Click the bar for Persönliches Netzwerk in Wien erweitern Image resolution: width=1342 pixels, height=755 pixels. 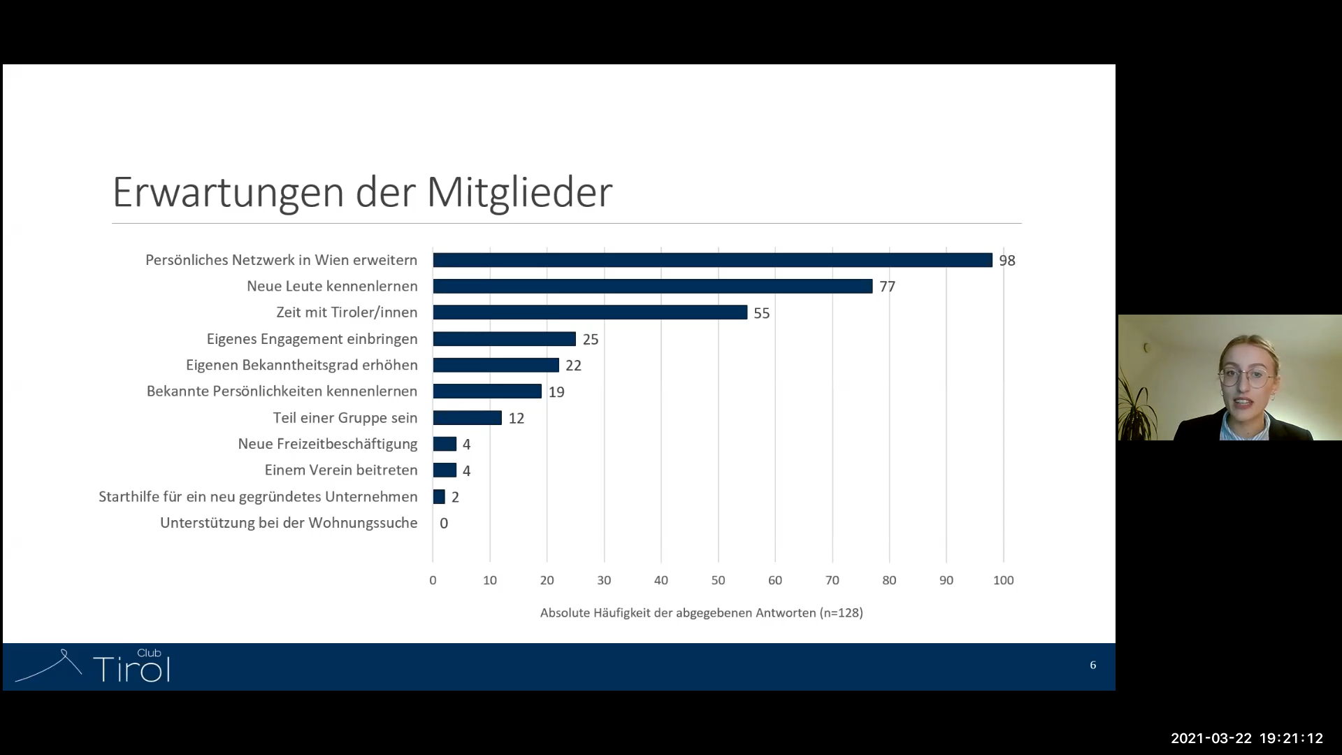pos(712,260)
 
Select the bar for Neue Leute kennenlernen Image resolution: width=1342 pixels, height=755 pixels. pos(652,286)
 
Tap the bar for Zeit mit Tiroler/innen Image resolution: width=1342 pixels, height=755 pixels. pos(590,312)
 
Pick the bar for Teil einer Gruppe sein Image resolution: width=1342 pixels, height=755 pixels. pos(467,418)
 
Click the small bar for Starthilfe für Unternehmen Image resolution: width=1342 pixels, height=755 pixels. pos(439,497)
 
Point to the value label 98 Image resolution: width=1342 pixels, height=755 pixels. pos(1006,261)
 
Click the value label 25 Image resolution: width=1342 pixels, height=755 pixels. pos(591,340)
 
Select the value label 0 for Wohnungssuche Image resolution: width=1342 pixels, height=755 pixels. pos(444,524)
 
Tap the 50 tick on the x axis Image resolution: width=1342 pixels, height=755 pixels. pos(718,580)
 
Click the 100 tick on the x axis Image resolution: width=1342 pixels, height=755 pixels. pos(1003,580)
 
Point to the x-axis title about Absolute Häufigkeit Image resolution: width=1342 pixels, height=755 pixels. pos(701,613)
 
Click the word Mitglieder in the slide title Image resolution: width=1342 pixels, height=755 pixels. pos(519,192)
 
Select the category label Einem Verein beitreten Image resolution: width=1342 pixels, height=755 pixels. pos(341,470)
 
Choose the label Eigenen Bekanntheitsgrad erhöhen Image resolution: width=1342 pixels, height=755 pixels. pos(302,366)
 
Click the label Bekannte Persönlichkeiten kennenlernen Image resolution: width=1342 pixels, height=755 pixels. pos(282,391)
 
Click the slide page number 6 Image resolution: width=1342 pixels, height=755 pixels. pos(1093,666)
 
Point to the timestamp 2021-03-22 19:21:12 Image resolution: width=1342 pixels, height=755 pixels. pos(1247,738)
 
